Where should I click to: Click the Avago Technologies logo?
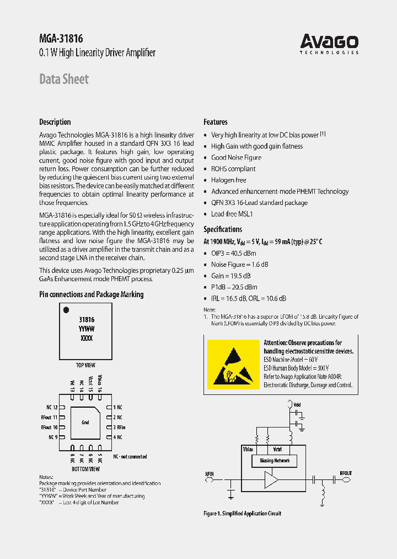[329, 44]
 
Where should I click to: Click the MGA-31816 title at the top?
[61, 38]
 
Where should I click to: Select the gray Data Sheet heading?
[63, 79]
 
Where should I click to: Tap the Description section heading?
[55, 122]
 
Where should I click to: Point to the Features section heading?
[215, 122]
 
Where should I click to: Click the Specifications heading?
[223, 229]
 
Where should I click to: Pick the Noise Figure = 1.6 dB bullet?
[239, 265]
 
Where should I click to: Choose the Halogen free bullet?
[228, 180]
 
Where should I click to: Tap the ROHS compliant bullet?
[233, 168]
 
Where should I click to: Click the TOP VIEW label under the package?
[85, 365]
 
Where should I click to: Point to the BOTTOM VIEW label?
[85, 469]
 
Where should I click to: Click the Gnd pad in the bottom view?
[85, 423]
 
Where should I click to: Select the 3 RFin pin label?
[119, 428]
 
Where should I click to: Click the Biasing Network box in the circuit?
[274, 460]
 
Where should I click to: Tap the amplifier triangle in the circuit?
[271, 480]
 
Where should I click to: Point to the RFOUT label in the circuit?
[346, 473]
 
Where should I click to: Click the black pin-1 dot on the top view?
[66, 310]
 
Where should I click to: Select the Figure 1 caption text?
[242, 514]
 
